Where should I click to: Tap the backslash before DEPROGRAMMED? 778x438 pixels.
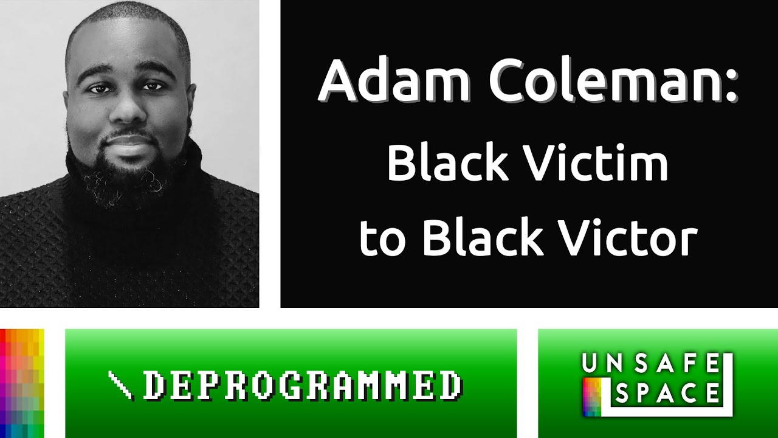(x=120, y=386)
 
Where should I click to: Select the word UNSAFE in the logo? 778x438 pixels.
(x=651, y=364)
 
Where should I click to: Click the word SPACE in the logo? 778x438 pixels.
(x=667, y=394)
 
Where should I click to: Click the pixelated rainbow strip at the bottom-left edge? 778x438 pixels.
(x=22, y=383)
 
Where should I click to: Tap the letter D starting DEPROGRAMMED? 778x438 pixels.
(x=153, y=385)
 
